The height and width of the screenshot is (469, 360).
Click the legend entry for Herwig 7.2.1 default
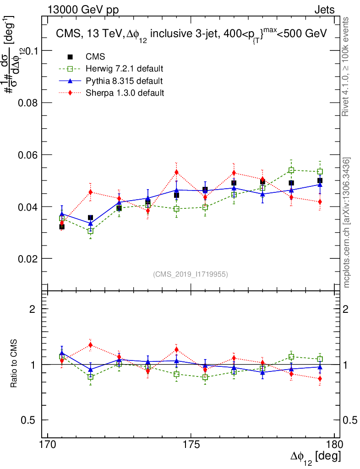(124, 69)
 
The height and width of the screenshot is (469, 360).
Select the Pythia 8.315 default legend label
(124, 81)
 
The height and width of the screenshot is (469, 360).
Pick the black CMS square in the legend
(71, 57)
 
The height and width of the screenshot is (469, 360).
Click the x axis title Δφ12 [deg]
(315, 458)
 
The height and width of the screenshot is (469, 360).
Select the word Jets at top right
(324, 10)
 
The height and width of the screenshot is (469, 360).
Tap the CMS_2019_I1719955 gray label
(191, 274)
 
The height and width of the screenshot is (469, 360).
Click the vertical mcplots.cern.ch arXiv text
(347, 223)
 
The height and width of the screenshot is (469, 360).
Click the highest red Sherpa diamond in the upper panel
(176, 172)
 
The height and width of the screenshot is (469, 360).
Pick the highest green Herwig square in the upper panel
(291, 170)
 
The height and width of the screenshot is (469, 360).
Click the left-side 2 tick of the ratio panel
(32, 309)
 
